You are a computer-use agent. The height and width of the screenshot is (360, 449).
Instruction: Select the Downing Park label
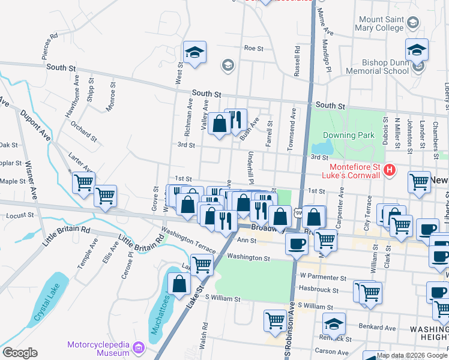pyautogui.click(x=348, y=136)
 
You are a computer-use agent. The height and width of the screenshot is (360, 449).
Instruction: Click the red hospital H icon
pyautogui.click(x=390, y=170)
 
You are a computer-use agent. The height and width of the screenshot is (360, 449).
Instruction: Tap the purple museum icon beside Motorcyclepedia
pyautogui.click(x=139, y=347)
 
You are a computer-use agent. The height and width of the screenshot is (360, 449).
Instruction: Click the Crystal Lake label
pyautogui.click(x=45, y=307)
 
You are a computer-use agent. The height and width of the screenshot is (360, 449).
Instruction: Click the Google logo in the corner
pyautogui.click(x=20, y=353)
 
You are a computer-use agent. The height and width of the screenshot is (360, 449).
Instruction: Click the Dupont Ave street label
pyautogui.click(x=35, y=125)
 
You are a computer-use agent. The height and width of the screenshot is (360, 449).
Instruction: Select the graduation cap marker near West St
pyautogui.click(x=194, y=52)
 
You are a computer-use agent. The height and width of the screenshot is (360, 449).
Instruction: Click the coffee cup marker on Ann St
pyautogui.click(x=297, y=244)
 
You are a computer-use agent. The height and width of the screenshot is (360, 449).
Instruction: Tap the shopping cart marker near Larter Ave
pyautogui.click(x=83, y=181)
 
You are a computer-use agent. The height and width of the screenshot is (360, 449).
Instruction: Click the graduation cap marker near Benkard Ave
pyautogui.click(x=334, y=325)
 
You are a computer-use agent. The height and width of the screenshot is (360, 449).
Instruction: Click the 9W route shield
pyautogui.click(x=298, y=213)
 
